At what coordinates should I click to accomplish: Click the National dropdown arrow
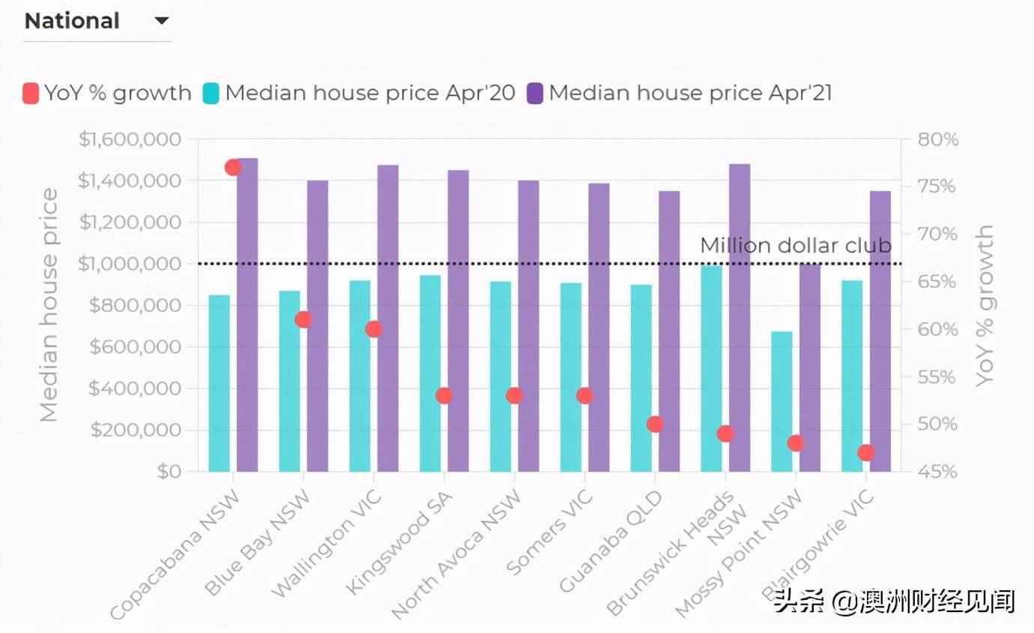[162, 21]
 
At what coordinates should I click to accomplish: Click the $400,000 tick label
[135, 388]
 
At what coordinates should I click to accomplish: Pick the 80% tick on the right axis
[937, 139]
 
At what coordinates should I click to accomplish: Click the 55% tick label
[937, 377]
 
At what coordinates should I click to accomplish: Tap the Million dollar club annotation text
[795, 245]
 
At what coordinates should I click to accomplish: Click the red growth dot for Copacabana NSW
[233, 167]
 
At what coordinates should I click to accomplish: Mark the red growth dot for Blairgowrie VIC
[866, 453]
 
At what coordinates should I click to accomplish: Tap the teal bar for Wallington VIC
[360, 376]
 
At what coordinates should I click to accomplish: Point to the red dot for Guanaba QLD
[655, 424]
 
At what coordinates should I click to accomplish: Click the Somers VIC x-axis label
[550, 532]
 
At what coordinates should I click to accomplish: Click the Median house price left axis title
[49, 305]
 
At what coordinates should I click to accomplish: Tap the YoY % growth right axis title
[985, 305]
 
